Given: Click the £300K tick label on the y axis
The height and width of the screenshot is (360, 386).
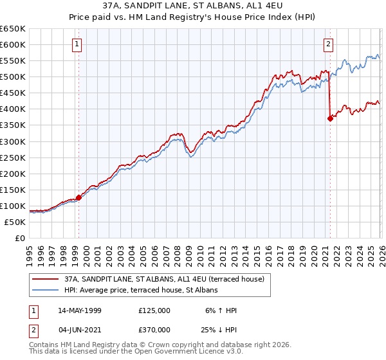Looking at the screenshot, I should [x=13, y=141].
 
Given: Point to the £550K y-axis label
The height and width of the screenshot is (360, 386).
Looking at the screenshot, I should [x=13, y=61].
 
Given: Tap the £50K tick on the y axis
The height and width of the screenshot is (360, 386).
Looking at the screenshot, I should [x=15, y=222].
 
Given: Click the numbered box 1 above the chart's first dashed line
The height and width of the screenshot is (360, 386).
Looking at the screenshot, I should [x=77, y=44].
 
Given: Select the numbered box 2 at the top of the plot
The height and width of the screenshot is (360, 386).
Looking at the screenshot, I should [x=328, y=44].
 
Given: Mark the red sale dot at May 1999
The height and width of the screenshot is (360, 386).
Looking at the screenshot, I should [x=78, y=198].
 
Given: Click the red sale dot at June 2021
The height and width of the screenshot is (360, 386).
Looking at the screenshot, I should [x=330, y=118].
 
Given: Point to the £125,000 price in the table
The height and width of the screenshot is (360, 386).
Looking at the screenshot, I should [x=154, y=310].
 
